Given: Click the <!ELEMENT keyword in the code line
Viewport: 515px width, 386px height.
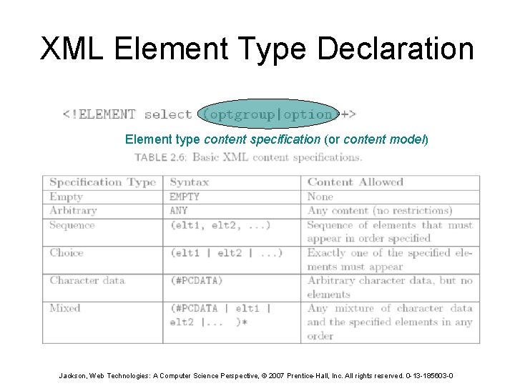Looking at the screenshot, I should [x=99, y=114].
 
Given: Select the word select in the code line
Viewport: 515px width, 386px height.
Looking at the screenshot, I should [x=168, y=114].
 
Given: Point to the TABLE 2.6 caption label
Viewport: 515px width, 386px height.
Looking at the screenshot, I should [x=161, y=157].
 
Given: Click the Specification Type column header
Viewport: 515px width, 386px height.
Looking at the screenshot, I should [x=102, y=182].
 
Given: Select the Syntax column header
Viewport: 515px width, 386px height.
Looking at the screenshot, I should [x=190, y=182].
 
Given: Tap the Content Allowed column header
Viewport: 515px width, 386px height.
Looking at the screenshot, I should [x=355, y=182].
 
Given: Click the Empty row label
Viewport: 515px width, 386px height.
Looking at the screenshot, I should [x=67, y=197].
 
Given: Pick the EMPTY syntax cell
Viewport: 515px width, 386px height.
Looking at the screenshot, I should [x=185, y=197].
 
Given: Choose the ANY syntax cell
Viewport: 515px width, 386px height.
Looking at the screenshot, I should [x=179, y=211].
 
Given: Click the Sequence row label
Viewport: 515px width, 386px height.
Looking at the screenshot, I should [x=72, y=225].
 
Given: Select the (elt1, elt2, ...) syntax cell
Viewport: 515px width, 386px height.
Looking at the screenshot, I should [x=220, y=225].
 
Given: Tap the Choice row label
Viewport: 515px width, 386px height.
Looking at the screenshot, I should [x=67, y=252].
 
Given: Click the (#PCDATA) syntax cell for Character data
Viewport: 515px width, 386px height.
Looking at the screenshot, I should [x=196, y=280].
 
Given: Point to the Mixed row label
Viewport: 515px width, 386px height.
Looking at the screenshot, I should [x=65, y=308].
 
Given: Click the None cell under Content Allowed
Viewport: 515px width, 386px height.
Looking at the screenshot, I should [x=320, y=197].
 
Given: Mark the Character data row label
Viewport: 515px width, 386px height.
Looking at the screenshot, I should [x=87, y=280].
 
